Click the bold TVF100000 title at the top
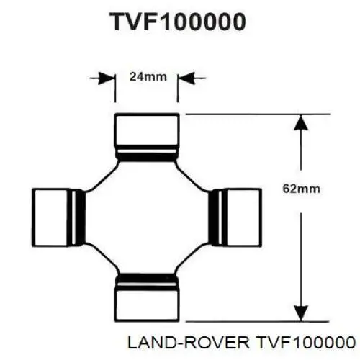click(178, 22)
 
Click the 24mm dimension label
click(148, 77)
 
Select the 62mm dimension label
click(301, 189)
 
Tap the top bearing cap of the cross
click(147, 130)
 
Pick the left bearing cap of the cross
click(50, 217)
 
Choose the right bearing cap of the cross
click(244, 217)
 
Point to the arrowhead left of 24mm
click(106, 78)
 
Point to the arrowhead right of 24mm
click(186, 78)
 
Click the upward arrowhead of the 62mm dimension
click(301, 122)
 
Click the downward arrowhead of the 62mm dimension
click(301, 313)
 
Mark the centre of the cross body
click(147, 217)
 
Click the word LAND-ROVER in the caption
click(189, 342)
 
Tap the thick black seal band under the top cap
click(147, 157)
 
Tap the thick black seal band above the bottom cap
click(147, 277)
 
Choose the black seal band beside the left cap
click(81, 217)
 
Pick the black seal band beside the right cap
click(213, 217)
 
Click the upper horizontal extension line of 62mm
click(258, 114)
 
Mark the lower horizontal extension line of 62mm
click(258, 321)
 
